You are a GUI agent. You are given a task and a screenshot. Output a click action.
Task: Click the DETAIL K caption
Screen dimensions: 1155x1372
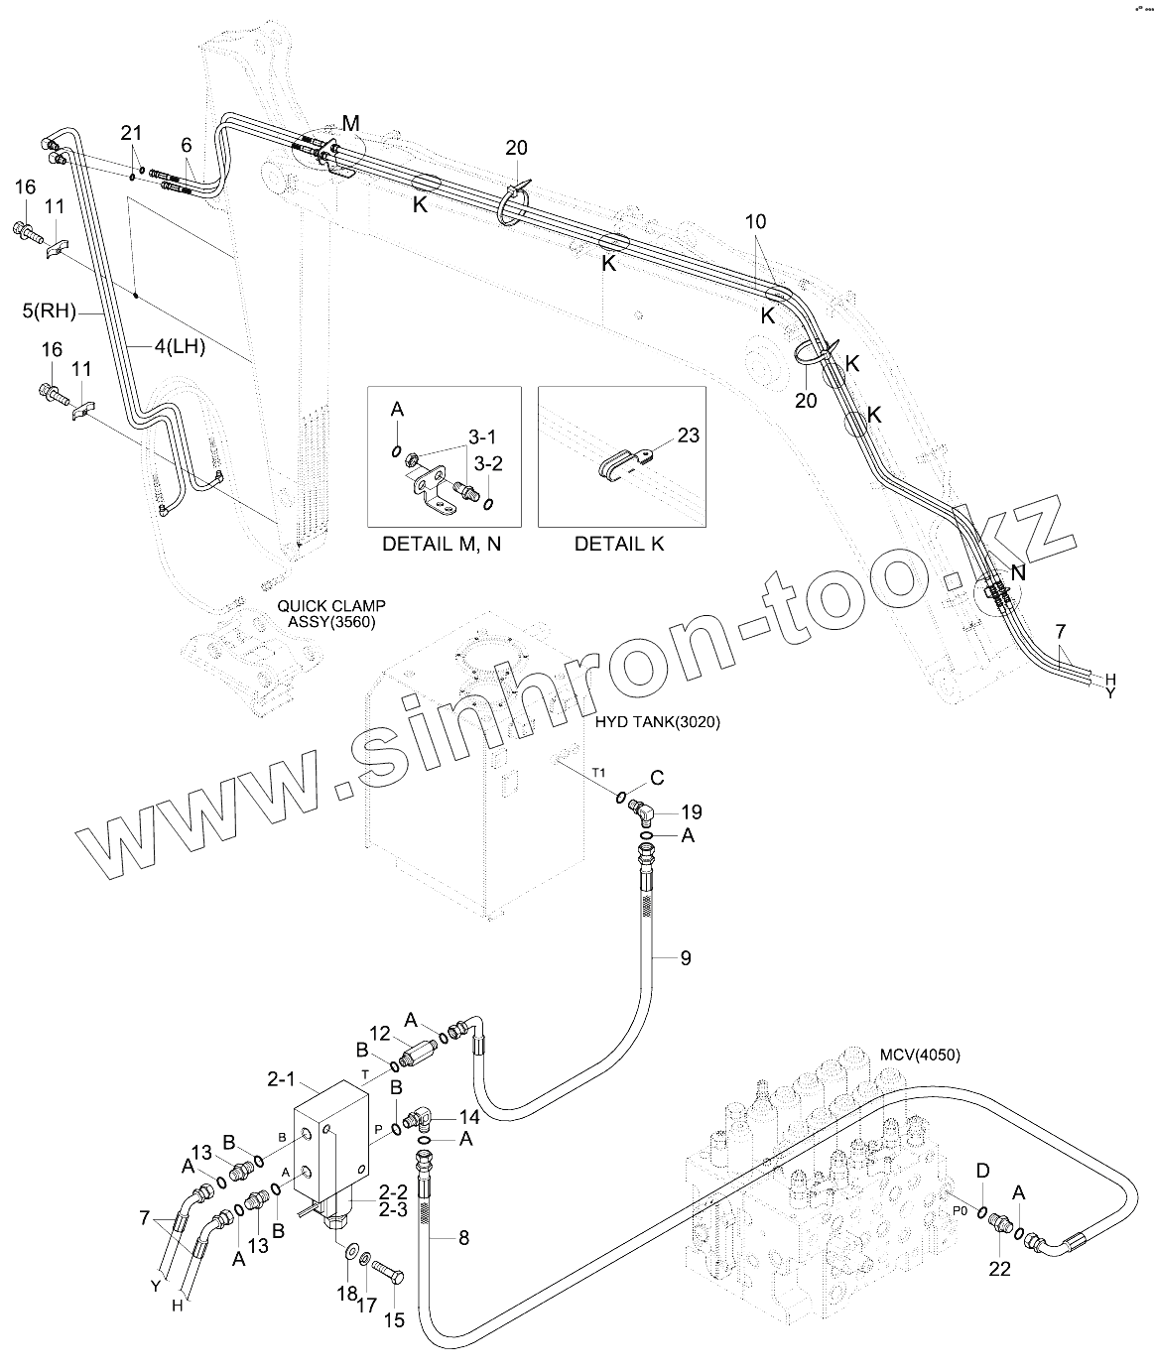(619, 545)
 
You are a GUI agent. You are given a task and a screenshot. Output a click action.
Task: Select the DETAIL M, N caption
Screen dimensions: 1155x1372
(442, 545)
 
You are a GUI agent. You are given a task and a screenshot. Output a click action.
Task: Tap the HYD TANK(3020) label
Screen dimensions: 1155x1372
(657, 722)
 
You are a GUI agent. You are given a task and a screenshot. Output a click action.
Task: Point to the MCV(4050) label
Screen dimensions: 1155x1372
(920, 1054)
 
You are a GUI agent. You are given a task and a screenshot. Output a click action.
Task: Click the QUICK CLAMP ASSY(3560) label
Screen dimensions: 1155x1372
(331, 613)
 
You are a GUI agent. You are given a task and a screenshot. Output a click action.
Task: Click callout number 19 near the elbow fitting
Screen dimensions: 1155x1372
(691, 812)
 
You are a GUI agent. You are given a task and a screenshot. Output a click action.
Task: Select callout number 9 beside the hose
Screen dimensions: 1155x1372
(685, 958)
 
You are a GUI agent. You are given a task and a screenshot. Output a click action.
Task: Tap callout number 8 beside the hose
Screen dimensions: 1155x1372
(462, 1237)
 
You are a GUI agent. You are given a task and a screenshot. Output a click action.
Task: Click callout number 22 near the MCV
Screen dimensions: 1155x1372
(999, 1267)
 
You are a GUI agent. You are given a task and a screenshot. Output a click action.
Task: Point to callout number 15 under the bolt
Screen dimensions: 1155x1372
(394, 1321)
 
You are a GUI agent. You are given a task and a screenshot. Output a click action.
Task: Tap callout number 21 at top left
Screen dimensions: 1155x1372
(132, 133)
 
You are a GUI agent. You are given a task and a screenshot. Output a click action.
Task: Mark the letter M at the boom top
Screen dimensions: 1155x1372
(351, 123)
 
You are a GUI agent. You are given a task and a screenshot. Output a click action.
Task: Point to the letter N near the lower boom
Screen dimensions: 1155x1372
(1018, 572)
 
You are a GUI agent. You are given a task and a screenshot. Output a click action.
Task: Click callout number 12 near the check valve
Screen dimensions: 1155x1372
(381, 1034)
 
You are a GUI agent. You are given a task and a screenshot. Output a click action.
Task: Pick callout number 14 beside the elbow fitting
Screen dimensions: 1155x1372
(468, 1116)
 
